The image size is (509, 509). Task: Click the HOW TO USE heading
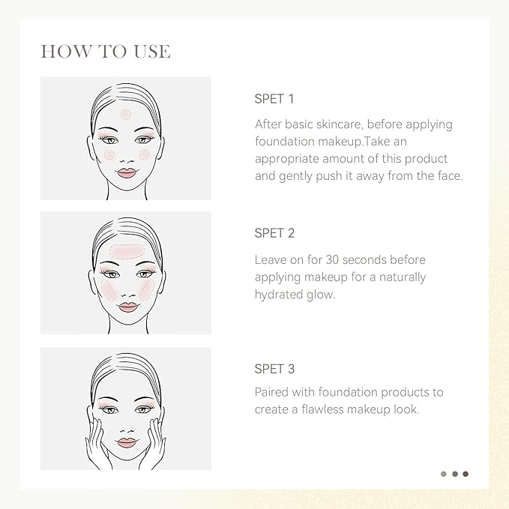pos(106,51)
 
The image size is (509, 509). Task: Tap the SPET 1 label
pos(274,99)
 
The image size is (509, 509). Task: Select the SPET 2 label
pos(274,233)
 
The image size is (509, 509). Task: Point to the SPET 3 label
pos(274,369)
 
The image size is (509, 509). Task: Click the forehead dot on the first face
pos(126,114)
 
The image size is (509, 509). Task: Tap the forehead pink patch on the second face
pos(126,252)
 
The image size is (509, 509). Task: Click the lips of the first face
pos(127,172)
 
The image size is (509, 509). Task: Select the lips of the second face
pos(127,307)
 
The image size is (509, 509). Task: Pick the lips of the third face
pos(127,443)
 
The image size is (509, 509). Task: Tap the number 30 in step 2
pos(332,259)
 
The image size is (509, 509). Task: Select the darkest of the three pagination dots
pos(466,474)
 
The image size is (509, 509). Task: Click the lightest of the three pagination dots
pos(444,474)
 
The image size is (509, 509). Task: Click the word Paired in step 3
pos(271,392)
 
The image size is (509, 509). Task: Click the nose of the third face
pos(127,430)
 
